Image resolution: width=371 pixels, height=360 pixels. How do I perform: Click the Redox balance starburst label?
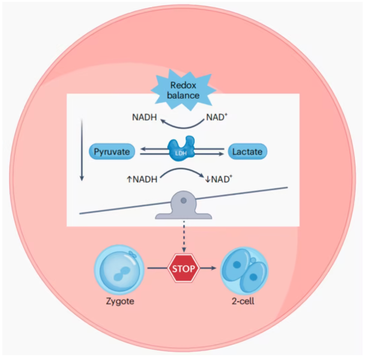(184, 89)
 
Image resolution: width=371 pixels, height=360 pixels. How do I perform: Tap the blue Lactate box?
(247, 151)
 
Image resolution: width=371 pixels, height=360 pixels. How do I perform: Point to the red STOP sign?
(184, 269)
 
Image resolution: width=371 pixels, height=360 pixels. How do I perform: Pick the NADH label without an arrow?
(145, 117)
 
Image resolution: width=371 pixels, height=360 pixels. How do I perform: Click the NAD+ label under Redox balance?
(217, 117)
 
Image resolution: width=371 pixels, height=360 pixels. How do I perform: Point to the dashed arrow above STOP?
(184, 237)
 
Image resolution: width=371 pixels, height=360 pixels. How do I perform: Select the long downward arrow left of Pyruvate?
(82, 150)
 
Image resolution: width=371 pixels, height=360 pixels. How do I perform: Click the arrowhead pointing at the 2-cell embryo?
(217, 269)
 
